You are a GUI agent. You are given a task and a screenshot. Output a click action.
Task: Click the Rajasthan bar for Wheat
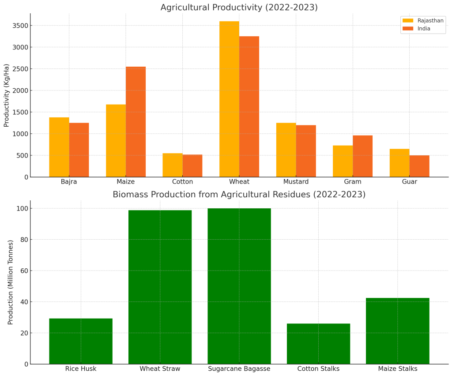(229, 99)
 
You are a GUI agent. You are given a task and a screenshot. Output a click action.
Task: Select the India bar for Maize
(136, 122)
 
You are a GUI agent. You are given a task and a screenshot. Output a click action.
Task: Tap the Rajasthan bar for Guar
(399, 163)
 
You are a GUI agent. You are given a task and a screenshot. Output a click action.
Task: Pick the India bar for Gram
(362, 156)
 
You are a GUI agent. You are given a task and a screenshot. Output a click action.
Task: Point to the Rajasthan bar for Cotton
(173, 165)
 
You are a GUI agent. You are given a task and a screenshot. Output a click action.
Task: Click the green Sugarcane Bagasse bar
(239, 286)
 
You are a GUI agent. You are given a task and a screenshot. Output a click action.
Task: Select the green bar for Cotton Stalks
(318, 344)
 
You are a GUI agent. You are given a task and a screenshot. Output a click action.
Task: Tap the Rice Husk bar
(81, 341)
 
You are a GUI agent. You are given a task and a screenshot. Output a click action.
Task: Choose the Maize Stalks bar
(397, 331)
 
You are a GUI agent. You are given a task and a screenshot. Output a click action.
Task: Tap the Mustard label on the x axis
(296, 182)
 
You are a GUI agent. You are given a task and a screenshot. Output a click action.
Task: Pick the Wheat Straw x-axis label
(160, 369)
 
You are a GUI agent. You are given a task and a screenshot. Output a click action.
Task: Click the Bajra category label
(69, 182)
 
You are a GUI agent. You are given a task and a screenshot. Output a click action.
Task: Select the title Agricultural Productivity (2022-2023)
(239, 8)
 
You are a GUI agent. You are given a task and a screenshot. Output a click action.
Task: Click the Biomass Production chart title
(239, 195)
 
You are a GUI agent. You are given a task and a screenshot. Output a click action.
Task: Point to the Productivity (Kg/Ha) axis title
(7, 95)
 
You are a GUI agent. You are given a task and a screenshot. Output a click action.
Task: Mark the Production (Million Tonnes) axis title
(11, 282)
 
